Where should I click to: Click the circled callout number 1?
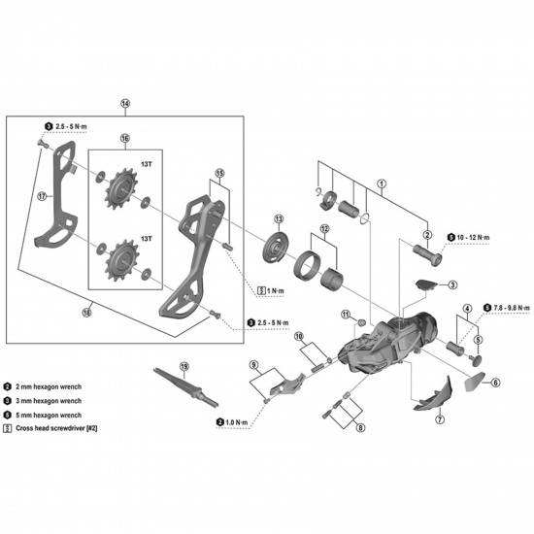pyautogui.click(x=383, y=183)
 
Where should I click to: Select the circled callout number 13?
pyautogui.click(x=278, y=218)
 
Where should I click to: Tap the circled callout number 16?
pyautogui.click(x=125, y=139)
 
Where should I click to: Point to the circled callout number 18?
pyautogui.click(x=184, y=366)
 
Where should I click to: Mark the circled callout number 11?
pyautogui.click(x=345, y=315)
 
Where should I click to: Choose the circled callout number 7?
pyautogui.click(x=439, y=420)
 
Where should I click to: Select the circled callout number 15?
pyautogui.click(x=220, y=174)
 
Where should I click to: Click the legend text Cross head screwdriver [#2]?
pyautogui.click(x=64, y=428)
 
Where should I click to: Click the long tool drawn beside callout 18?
pyautogui.click(x=184, y=386)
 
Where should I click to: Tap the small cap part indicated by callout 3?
pyautogui.click(x=423, y=284)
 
